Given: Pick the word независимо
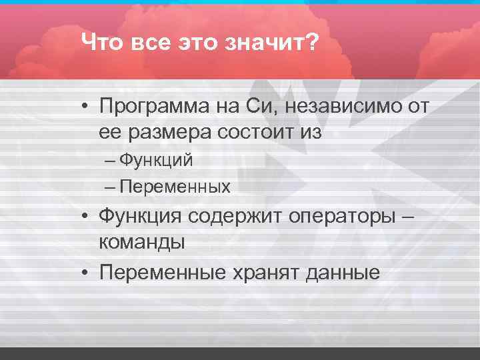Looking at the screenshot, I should click(349, 105).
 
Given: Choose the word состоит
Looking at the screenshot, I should click(259, 132).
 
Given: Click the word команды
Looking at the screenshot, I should click(142, 243).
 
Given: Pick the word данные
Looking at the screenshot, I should click(345, 272).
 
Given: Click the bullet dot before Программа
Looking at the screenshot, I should click(87, 107).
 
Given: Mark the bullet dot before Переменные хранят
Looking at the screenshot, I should click(87, 272).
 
